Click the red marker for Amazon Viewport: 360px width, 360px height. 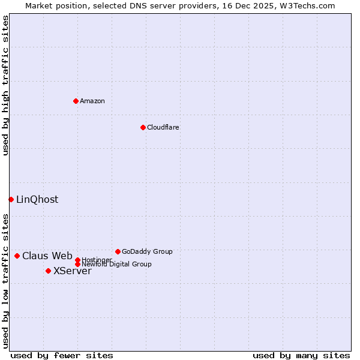(x=76, y=101)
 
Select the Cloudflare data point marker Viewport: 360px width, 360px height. (x=143, y=127)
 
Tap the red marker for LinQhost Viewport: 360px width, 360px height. (x=11, y=199)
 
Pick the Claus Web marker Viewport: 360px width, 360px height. (x=17, y=256)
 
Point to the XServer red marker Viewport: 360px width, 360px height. (x=48, y=271)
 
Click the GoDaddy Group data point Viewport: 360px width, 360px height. (x=118, y=251)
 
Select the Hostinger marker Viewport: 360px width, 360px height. (x=77, y=260)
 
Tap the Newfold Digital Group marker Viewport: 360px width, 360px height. (x=77, y=264)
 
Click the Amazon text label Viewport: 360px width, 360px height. (x=92, y=101)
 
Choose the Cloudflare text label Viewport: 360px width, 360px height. (x=163, y=127)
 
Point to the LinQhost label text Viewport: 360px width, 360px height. (x=37, y=200)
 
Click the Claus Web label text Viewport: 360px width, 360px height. (x=47, y=256)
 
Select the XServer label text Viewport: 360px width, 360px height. (x=73, y=271)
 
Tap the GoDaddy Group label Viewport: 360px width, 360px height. (x=147, y=251)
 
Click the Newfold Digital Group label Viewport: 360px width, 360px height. (x=116, y=265)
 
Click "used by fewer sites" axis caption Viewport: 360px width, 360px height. (x=62, y=355)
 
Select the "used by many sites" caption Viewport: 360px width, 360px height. (x=301, y=355)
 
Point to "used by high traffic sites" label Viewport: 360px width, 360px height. (x=5, y=85)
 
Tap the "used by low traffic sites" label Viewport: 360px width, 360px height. (x=5, y=280)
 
